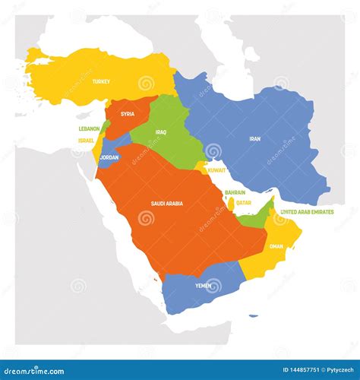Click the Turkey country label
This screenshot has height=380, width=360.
point(101,81)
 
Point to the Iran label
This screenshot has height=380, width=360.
point(256,139)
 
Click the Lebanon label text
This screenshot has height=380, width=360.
point(88,129)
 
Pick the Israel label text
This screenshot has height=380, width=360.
point(86,141)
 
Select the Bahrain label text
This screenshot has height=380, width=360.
point(235,193)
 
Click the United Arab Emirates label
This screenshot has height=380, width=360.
point(307,212)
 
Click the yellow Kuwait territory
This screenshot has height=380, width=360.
point(201,167)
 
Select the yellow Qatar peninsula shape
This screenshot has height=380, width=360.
point(230,204)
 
